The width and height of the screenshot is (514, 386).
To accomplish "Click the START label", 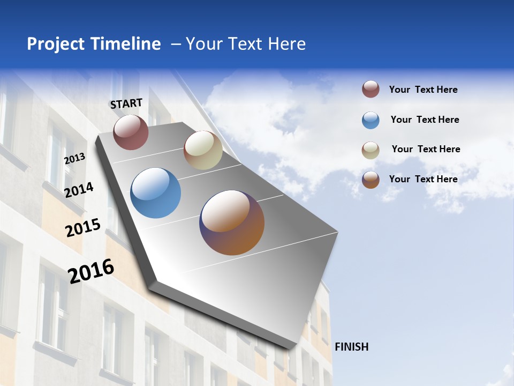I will coord(126,103).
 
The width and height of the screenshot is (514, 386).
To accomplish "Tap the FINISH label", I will coord(351,347).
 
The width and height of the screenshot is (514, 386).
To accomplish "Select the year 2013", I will coord(74,158).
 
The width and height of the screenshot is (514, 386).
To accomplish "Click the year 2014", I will coord(79,190).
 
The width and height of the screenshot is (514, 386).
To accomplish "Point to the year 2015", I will coord(83,228).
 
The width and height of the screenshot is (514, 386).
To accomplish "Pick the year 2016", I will coord(91,271).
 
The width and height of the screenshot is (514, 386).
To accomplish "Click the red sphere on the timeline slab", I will coord(131,132).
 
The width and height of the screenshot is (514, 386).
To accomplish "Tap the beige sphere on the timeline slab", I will coord(203,150).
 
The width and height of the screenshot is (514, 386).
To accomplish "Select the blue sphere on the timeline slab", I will coord(156,193).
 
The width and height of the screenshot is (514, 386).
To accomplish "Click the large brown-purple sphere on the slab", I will coord(232,222).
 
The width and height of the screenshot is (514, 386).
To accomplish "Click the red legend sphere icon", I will coord(371,90).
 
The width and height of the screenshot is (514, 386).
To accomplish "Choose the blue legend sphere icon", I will coord(371,120).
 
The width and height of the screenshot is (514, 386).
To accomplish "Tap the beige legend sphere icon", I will coord(371,150).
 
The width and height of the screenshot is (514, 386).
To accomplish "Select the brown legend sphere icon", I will coord(371,180).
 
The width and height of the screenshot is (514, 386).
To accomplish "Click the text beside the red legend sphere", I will coord(423,90).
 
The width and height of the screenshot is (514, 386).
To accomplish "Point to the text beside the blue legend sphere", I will coord(425,120).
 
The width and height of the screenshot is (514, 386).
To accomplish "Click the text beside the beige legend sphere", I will coord(426,149).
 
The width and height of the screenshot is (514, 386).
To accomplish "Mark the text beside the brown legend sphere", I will coord(423,179).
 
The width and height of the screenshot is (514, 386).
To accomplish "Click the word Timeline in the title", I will coord(125,44).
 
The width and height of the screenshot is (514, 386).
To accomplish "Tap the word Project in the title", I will coord(56,44).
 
